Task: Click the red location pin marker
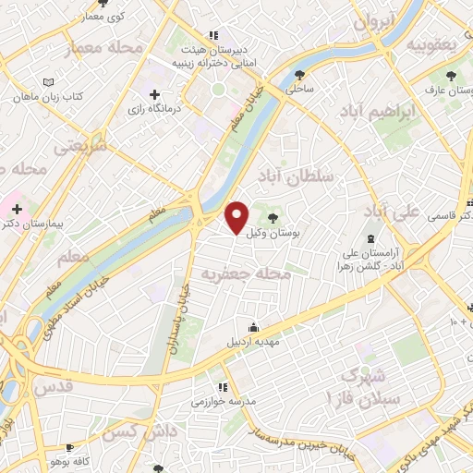click(237, 218)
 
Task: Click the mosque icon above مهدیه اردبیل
click(252, 327)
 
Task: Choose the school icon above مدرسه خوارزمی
click(222, 387)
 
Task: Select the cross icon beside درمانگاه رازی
click(154, 94)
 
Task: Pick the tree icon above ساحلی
click(298, 75)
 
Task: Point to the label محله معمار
click(117, 46)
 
